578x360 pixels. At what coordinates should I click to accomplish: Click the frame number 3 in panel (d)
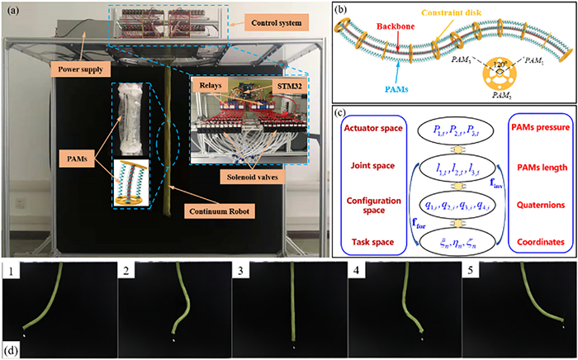tap(239, 269)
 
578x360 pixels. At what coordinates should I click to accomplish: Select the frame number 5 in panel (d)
tap(469, 269)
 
